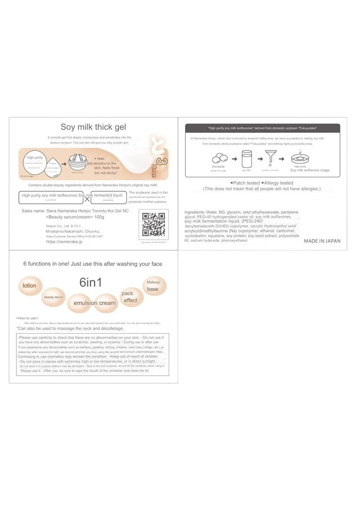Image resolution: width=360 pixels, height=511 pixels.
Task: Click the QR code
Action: tap(153, 224)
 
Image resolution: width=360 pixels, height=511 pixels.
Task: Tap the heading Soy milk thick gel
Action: tap(93, 127)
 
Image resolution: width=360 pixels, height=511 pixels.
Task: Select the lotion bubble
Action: tap(30, 286)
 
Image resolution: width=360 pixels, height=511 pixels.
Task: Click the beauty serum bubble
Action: tap(54, 297)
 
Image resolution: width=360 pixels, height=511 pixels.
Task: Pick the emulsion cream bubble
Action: tap(94, 303)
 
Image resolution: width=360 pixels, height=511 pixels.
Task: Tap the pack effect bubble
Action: tap(130, 297)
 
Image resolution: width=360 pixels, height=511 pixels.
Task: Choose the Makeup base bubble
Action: tap(154, 286)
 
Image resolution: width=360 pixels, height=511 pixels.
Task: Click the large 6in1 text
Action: tap(90, 282)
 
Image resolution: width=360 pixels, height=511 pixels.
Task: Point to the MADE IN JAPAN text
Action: tap(322, 241)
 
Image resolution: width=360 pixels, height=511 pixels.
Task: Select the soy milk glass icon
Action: tap(247, 159)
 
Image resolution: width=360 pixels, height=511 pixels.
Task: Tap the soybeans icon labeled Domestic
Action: tap(220, 158)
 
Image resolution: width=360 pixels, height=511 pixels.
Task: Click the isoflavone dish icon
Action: tap(300, 158)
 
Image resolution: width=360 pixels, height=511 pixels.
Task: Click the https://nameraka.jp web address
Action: tap(64, 242)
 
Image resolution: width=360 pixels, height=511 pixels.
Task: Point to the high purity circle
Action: tap(35, 162)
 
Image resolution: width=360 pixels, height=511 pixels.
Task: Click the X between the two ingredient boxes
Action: tap(87, 199)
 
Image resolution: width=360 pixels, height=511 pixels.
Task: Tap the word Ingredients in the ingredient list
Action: tap(194, 212)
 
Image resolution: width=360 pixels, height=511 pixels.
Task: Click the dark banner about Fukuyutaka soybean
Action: tap(262, 128)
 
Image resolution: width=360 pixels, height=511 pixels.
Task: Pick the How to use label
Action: tap(27, 318)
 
